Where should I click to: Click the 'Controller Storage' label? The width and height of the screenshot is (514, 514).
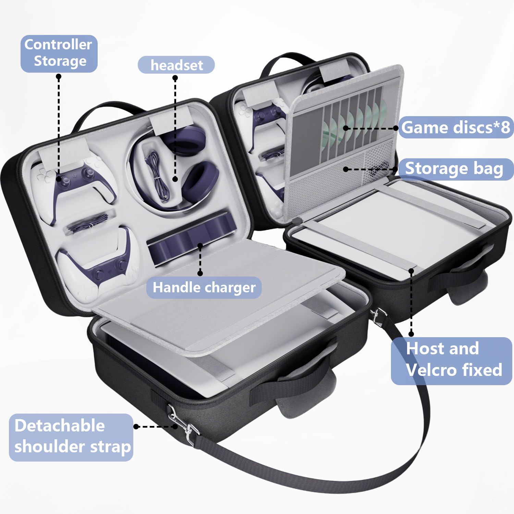[59, 53]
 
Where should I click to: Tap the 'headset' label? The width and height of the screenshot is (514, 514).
[176, 65]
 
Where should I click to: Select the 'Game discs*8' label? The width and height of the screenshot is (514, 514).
[456, 127]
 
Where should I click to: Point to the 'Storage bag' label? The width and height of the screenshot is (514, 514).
[455, 169]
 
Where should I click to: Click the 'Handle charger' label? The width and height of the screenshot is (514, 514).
[204, 287]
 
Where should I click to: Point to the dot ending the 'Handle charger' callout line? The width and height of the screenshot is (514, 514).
[200, 273]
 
